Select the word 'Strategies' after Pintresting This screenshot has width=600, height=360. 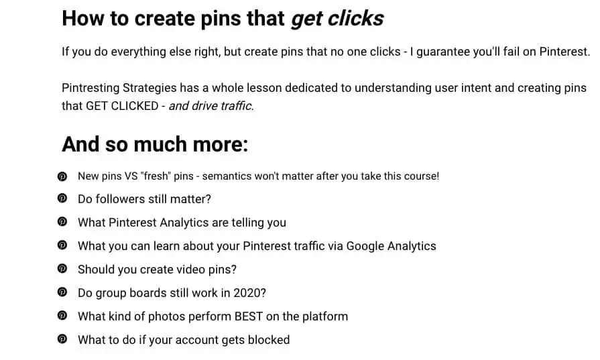point(149,88)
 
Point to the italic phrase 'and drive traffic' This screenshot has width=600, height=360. point(210,106)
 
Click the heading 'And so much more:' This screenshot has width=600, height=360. point(155,144)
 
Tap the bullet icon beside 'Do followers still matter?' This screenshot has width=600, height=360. point(62,198)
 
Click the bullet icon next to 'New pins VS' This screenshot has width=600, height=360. point(62,176)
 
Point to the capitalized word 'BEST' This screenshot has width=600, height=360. point(248,317)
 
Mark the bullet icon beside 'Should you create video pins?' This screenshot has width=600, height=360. point(62,269)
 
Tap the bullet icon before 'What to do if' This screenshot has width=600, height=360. point(62,339)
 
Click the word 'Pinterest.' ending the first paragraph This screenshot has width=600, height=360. point(564,52)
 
